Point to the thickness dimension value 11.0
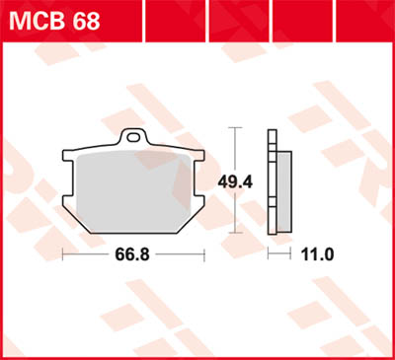[317, 254]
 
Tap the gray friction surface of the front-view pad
[132, 187]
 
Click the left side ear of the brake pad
[66, 158]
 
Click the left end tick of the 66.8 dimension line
[62, 254]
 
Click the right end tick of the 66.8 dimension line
[202, 254]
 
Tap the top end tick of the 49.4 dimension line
[233, 128]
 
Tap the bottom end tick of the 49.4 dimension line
[233, 233]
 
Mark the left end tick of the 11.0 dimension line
[270, 254]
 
